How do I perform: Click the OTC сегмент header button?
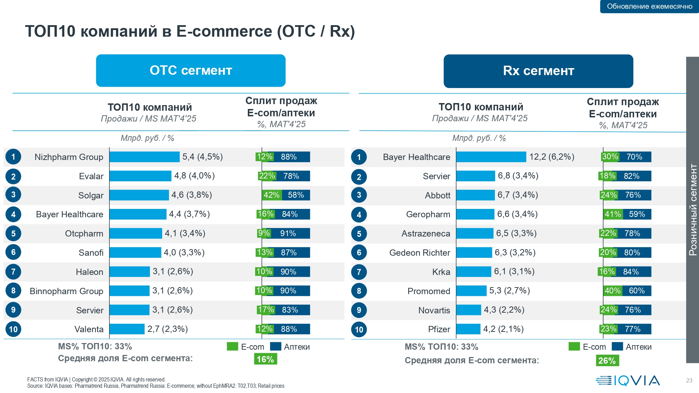pyautogui.click(x=190, y=71)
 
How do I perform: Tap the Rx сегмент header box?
pyautogui.click(x=538, y=71)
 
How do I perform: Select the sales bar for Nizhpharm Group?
pyautogui.click(x=144, y=157)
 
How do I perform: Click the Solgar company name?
pyautogui.click(x=91, y=195)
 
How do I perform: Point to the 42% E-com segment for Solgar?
pyautogui.click(x=272, y=195)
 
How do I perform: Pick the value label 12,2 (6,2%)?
pyautogui.click(x=552, y=157)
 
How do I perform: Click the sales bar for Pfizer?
pyautogui.click(x=468, y=329)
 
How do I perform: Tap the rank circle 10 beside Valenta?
pyautogui.click(x=13, y=329)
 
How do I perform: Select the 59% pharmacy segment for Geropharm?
pyautogui.click(x=637, y=214)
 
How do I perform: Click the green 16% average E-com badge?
pyautogui.click(x=265, y=359)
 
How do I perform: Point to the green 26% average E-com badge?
pyautogui.click(x=607, y=361)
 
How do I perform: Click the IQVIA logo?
pyautogui.click(x=628, y=380)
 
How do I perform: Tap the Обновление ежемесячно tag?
pyautogui.click(x=649, y=6)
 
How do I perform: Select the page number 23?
pyautogui.click(x=689, y=380)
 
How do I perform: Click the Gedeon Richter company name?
pyautogui.click(x=419, y=253)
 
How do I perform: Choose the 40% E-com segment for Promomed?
pyautogui.click(x=613, y=291)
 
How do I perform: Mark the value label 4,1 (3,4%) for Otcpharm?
pyautogui.click(x=185, y=233)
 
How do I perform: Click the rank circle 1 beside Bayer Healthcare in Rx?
pyautogui.click(x=359, y=157)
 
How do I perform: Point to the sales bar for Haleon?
pyautogui.click(x=130, y=271)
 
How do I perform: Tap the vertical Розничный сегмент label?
pyautogui.click(x=692, y=210)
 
